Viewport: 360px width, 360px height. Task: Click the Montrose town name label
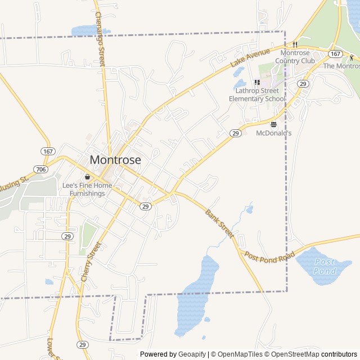pyautogui.click(x=115, y=159)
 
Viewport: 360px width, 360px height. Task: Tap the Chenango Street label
pyautogui.click(x=100, y=39)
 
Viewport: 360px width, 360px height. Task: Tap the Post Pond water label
pyautogui.click(x=325, y=266)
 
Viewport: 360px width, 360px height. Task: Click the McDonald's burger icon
pyautogui.click(x=274, y=124)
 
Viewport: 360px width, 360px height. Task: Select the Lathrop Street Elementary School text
pyautogui.click(x=256, y=94)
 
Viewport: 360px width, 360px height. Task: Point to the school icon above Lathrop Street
pyautogui.click(x=257, y=83)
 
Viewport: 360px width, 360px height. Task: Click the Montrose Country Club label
pyautogui.click(x=295, y=57)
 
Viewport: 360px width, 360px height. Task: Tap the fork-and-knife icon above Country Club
pyautogui.click(x=294, y=44)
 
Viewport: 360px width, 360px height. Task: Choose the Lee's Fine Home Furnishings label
pyautogui.click(x=87, y=190)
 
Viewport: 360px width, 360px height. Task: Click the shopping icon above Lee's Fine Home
pyautogui.click(x=87, y=177)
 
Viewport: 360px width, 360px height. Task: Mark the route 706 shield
pyautogui.click(x=40, y=169)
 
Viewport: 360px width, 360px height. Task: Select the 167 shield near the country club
pyautogui.click(x=335, y=54)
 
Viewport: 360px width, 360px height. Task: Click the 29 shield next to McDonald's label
pyautogui.click(x=235, y=133)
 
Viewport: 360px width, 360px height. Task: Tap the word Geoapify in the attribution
pyautogui.click(x=192, y=354)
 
